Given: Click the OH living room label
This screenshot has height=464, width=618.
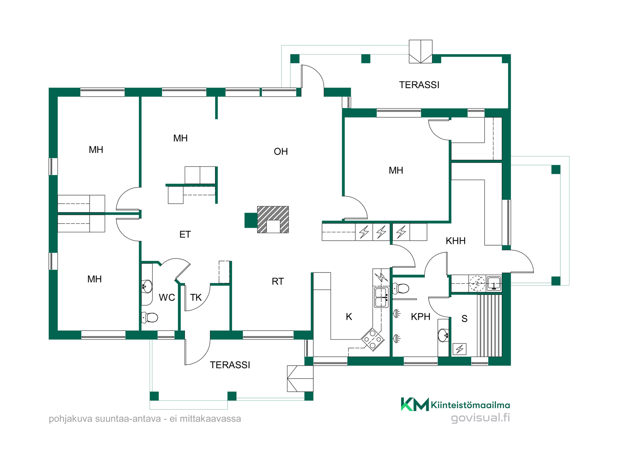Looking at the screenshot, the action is (281, 151).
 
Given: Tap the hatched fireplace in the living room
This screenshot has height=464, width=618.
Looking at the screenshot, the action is (273, 219).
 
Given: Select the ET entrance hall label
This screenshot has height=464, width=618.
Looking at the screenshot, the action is (185, 234).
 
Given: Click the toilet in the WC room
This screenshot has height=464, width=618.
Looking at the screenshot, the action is (150, 317).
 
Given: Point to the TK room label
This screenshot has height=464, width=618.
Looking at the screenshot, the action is (196, 297).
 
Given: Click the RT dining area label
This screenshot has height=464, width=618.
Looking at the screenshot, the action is (278, 281).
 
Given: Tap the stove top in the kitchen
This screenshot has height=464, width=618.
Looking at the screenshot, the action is (373, 339).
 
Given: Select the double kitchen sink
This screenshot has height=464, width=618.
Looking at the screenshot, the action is (381, 297).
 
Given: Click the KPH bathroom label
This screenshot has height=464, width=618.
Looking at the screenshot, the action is (420, 317).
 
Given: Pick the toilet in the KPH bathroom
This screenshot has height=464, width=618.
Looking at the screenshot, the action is (401, 288).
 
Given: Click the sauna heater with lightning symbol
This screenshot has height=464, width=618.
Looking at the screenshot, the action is (459, 349).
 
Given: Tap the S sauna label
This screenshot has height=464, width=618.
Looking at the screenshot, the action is (464, 319).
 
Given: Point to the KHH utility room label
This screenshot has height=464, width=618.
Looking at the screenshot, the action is (455, 241).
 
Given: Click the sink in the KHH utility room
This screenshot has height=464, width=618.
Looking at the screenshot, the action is (493, 284).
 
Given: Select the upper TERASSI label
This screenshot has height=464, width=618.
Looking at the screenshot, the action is (419, 85).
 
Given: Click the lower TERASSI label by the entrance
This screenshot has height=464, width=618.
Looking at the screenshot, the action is (230, 365).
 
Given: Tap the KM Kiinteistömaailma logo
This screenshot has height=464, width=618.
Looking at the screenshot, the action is (455, 404).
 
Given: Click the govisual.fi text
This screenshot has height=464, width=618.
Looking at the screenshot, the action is (480, 418).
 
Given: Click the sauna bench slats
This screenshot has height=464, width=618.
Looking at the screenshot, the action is (489, 325).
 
